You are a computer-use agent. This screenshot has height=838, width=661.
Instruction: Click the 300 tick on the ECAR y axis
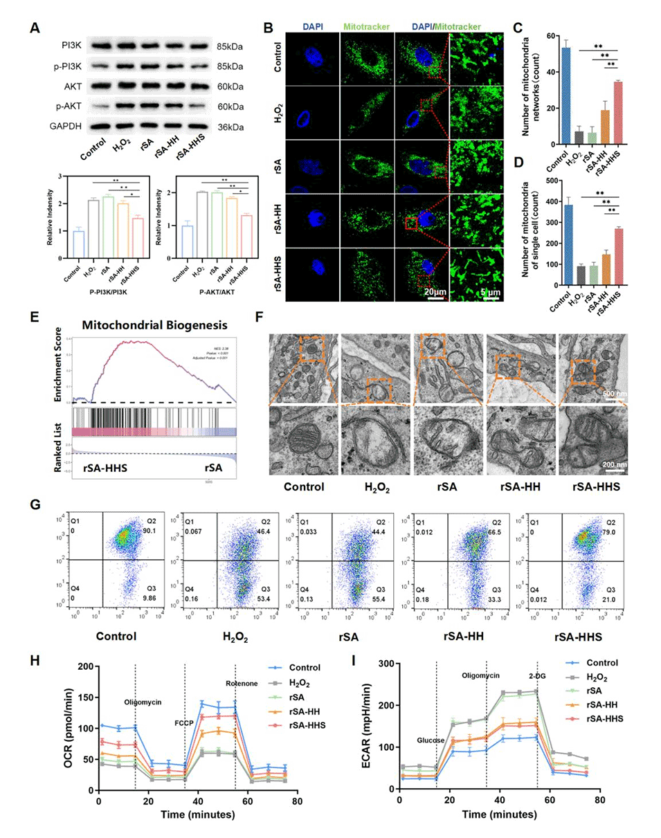[x=386, y=663]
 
